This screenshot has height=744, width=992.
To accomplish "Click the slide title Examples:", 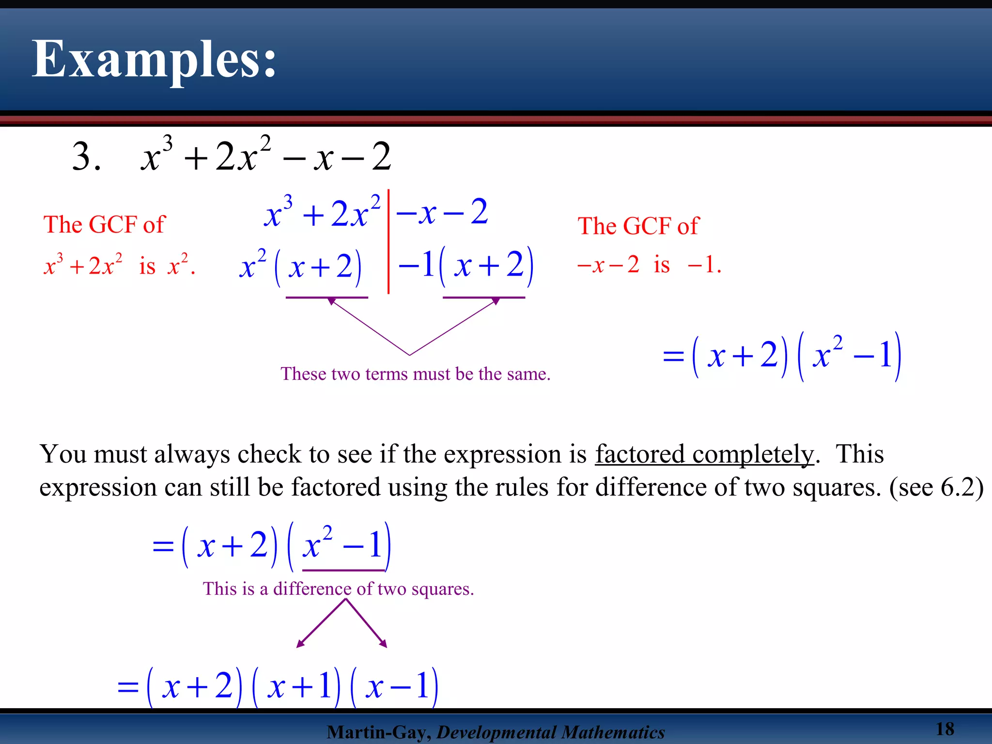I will point(154,59).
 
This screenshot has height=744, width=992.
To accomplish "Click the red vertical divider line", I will point(388,242).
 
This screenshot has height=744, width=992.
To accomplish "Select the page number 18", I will point(945,728).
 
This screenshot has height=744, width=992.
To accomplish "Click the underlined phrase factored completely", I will point(704,454).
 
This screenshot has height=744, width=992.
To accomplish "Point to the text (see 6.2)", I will point(936,487).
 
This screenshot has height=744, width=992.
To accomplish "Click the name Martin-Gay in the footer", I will point(378,732).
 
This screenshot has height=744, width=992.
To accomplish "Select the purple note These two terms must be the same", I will point(415,374).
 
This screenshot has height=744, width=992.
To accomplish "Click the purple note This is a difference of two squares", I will point(338,589).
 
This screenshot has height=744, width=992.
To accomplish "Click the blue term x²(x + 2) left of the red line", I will point(301,266).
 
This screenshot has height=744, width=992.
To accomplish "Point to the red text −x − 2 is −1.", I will point(649,265).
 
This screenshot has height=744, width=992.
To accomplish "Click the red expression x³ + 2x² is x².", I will point(119,265).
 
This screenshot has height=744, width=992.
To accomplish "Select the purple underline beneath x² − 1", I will point(343,571).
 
